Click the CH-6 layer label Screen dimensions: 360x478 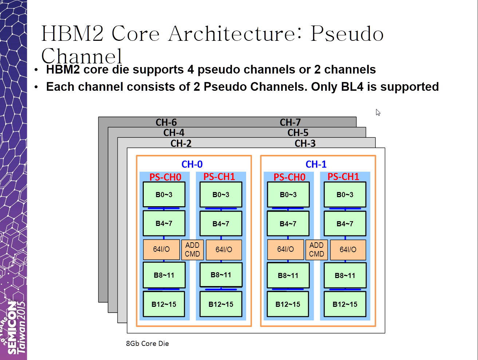pyautogui.click(x=166, y=122)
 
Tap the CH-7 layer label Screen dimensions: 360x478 pyautogui.click(x=290, y=122)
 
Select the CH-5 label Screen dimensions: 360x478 pyautogui.click(x=298, y=133)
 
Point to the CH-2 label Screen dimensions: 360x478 pyautogui.click(x=181, y=143)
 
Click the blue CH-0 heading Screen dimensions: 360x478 pyautogui.click(x=192, y=164)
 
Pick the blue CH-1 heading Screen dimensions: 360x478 pyautogui.click(x=316, y=164)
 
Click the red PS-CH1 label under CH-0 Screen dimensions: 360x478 pyautogui.click(x=219, y=177)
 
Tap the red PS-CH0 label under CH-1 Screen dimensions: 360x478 pyautogui.click(x=289, y=177)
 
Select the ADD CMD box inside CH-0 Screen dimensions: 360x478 pyautogui.click(x=192, y=250)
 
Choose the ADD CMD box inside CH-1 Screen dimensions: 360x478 pyautogui.click(x=316, y=250)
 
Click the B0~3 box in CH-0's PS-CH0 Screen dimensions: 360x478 pyautogui.click(x=164, y=195)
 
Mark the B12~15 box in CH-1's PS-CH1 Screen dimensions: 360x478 pyautogui.click(x=345, y=304)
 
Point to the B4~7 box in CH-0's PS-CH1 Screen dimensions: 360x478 pyautogui.click(x=221, y=224)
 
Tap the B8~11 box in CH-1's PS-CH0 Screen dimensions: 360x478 pyautogui.click(x=288, y=275)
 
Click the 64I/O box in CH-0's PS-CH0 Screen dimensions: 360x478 pyautogui.click(x=161, y=249)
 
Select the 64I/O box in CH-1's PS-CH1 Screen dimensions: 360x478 pyautogui.click(x=348, y=250)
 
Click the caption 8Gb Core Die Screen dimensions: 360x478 pyautogui.click(x=147, y=344)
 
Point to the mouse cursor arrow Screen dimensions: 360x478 pyautogui.click(x=378, y=113)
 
